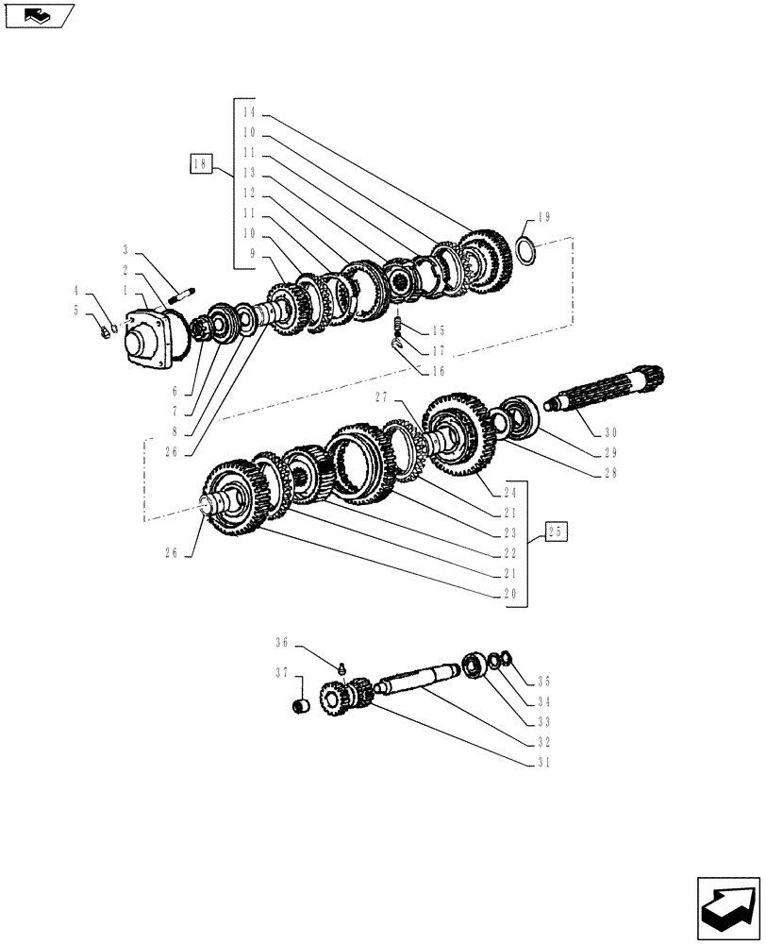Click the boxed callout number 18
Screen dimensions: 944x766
tap(199, 165)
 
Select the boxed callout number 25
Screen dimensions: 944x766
tap(556, 533)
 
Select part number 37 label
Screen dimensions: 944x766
tap(281, 673)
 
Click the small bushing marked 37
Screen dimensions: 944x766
tap(302, 706)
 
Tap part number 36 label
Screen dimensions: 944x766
tap(281, 644)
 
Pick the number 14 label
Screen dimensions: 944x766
tap(248, 112)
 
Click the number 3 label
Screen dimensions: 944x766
tap(126, 250)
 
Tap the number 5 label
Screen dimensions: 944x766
tap(75, 310)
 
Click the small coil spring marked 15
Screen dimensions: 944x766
tap(398, 327)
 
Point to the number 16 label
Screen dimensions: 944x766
tap(438, 372)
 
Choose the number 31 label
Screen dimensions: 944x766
tap(542, 763)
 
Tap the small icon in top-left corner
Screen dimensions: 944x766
tap(39, 14)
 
